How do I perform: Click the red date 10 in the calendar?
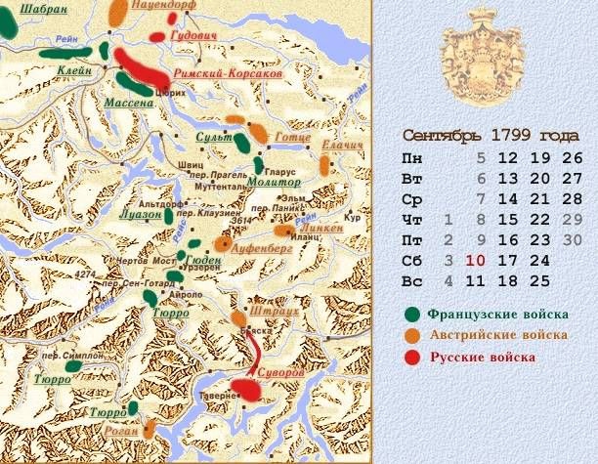[476, 261]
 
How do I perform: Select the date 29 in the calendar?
[573, 219]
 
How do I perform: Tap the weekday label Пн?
[413, 157]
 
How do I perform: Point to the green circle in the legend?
[414, 315]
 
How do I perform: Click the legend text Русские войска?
[484, 358]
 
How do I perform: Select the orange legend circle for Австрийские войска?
[414, 336]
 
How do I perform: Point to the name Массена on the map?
[130, 102]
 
